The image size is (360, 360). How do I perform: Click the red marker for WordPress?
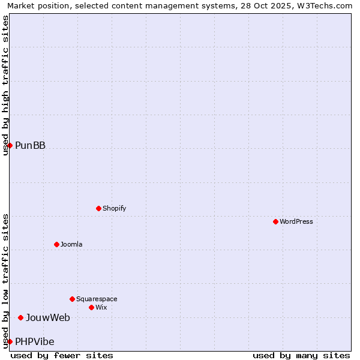coord(275,221)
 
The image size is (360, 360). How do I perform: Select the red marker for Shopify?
coord(98,208)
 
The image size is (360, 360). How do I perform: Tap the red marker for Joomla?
coord(56,244)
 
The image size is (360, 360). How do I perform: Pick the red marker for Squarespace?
coord(72,299)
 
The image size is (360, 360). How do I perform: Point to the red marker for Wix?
coord(91,307)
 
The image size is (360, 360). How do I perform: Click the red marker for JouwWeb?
coord(20,317)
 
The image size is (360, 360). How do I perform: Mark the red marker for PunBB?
coord(10,145)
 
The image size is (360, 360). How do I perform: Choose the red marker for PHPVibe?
coord(10,341)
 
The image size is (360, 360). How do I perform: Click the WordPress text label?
coord(296,221)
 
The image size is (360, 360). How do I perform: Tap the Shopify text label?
coord(114,208)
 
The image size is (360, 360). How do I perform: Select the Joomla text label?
coord(71,244)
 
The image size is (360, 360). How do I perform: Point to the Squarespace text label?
coord(97,299)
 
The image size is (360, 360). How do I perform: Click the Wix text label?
coord(101,307)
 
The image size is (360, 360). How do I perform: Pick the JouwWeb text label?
coord(47,317)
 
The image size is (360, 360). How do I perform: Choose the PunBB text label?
coord(30,145)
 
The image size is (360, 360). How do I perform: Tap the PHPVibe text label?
coord(34,341)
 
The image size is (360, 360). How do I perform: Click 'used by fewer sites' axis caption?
coord(62,355)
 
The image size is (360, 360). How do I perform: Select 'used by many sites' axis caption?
coord(301,355)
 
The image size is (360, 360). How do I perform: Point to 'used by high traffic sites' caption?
coord(5,85)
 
